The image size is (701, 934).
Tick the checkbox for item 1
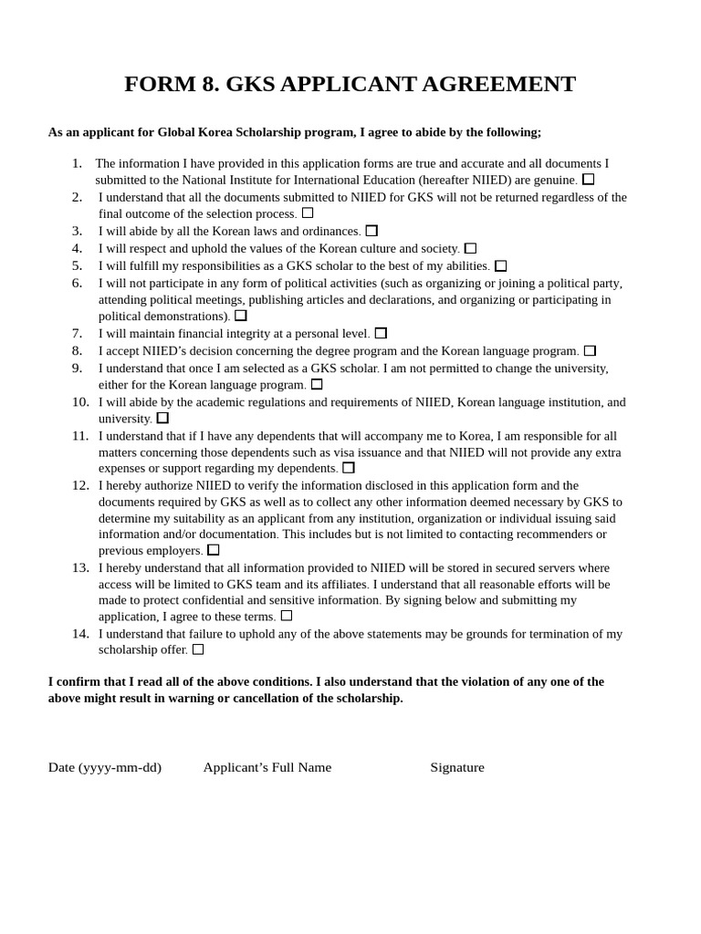click(588, 180)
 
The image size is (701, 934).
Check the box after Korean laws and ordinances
click(371, 231)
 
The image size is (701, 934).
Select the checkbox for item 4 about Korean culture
click(470, 248)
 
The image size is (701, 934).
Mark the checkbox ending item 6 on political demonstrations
click(241, 316)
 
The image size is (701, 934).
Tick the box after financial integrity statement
click(381, 333)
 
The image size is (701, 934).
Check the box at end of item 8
click(590, 350)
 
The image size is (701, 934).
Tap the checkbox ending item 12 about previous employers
click(214, 550)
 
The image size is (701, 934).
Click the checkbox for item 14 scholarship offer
click(198, 649)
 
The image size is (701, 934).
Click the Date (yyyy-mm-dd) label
click(105, 767)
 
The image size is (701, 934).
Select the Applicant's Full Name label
click(267, 767)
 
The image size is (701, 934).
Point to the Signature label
click(457, 767)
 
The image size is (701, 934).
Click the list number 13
click(80, 567)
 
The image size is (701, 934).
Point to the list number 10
click(80, 401)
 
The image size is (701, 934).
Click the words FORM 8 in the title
click(172, 84)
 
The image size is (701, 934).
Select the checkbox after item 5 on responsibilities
click(500, 265)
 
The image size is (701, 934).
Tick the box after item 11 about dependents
click(349, 468)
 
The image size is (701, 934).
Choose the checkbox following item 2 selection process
click(308, 213)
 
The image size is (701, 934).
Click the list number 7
click(77, 333)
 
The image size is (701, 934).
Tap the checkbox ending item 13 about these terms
click(287, 616)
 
